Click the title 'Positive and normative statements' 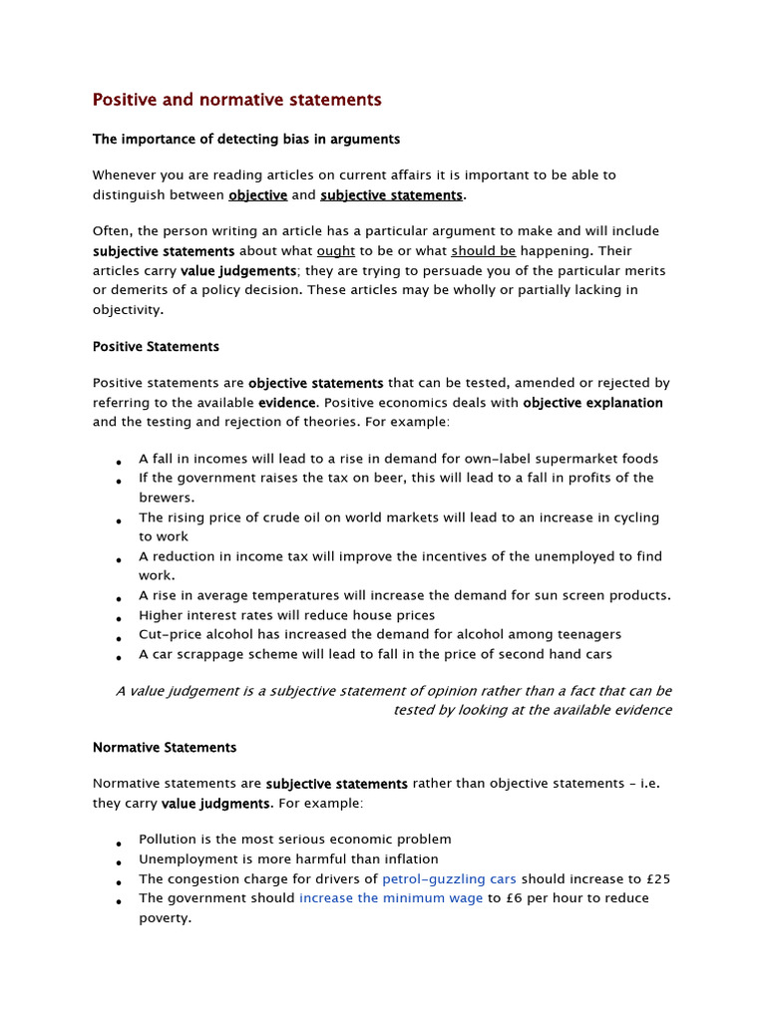pos(236,100)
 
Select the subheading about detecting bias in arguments pos(246,139)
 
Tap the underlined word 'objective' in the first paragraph pos(258,194)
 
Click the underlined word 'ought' pos(336,251)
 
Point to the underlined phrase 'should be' pos(483,251)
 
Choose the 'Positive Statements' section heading pos(156,347)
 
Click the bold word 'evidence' pos(287,403)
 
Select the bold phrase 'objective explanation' pos(592,403)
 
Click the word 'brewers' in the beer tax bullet pos(165,498)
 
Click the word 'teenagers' pos(588,634)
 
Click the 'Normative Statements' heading pos(165,747)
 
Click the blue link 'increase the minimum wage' pos(391,898)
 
